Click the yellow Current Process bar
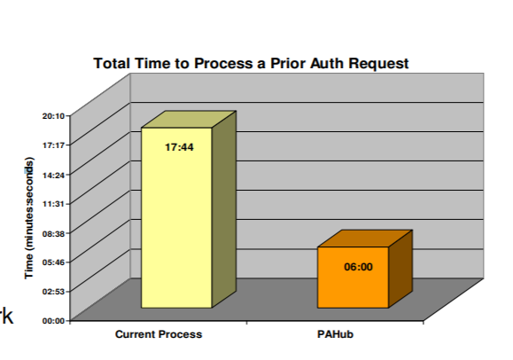[176, 217]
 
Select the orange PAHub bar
[353, 278]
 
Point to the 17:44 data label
[179, 147]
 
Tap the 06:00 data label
[358, 267]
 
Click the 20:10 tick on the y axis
[53, 115]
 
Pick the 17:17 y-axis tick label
[53, 145]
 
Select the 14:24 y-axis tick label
[53, 175]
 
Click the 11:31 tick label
[53, 204]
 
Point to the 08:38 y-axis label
[53, 233]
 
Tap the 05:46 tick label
[53, 262]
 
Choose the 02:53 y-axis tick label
[53, 291]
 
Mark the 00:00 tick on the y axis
[53, 321]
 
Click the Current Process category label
[159, 334]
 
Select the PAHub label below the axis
[335, 334]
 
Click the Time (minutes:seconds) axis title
[28, 218]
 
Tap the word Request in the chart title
[378, 63]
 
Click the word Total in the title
[112, 63]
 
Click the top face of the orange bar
[365, 239]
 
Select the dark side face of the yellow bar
[224, 209]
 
